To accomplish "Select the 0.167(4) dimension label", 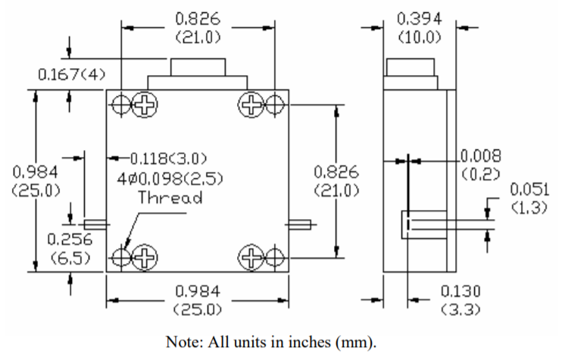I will (73, 74).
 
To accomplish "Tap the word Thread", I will (170, 198).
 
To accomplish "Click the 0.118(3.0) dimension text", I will (168, 158).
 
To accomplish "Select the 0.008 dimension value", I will (481, 156).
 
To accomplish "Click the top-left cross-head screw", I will (143, 105).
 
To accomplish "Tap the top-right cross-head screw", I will (251, 105).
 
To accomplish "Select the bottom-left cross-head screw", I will (143, 258).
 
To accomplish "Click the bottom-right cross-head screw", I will (251, 258).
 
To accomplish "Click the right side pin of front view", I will (301, 224).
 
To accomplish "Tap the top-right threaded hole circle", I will (274, 105).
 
